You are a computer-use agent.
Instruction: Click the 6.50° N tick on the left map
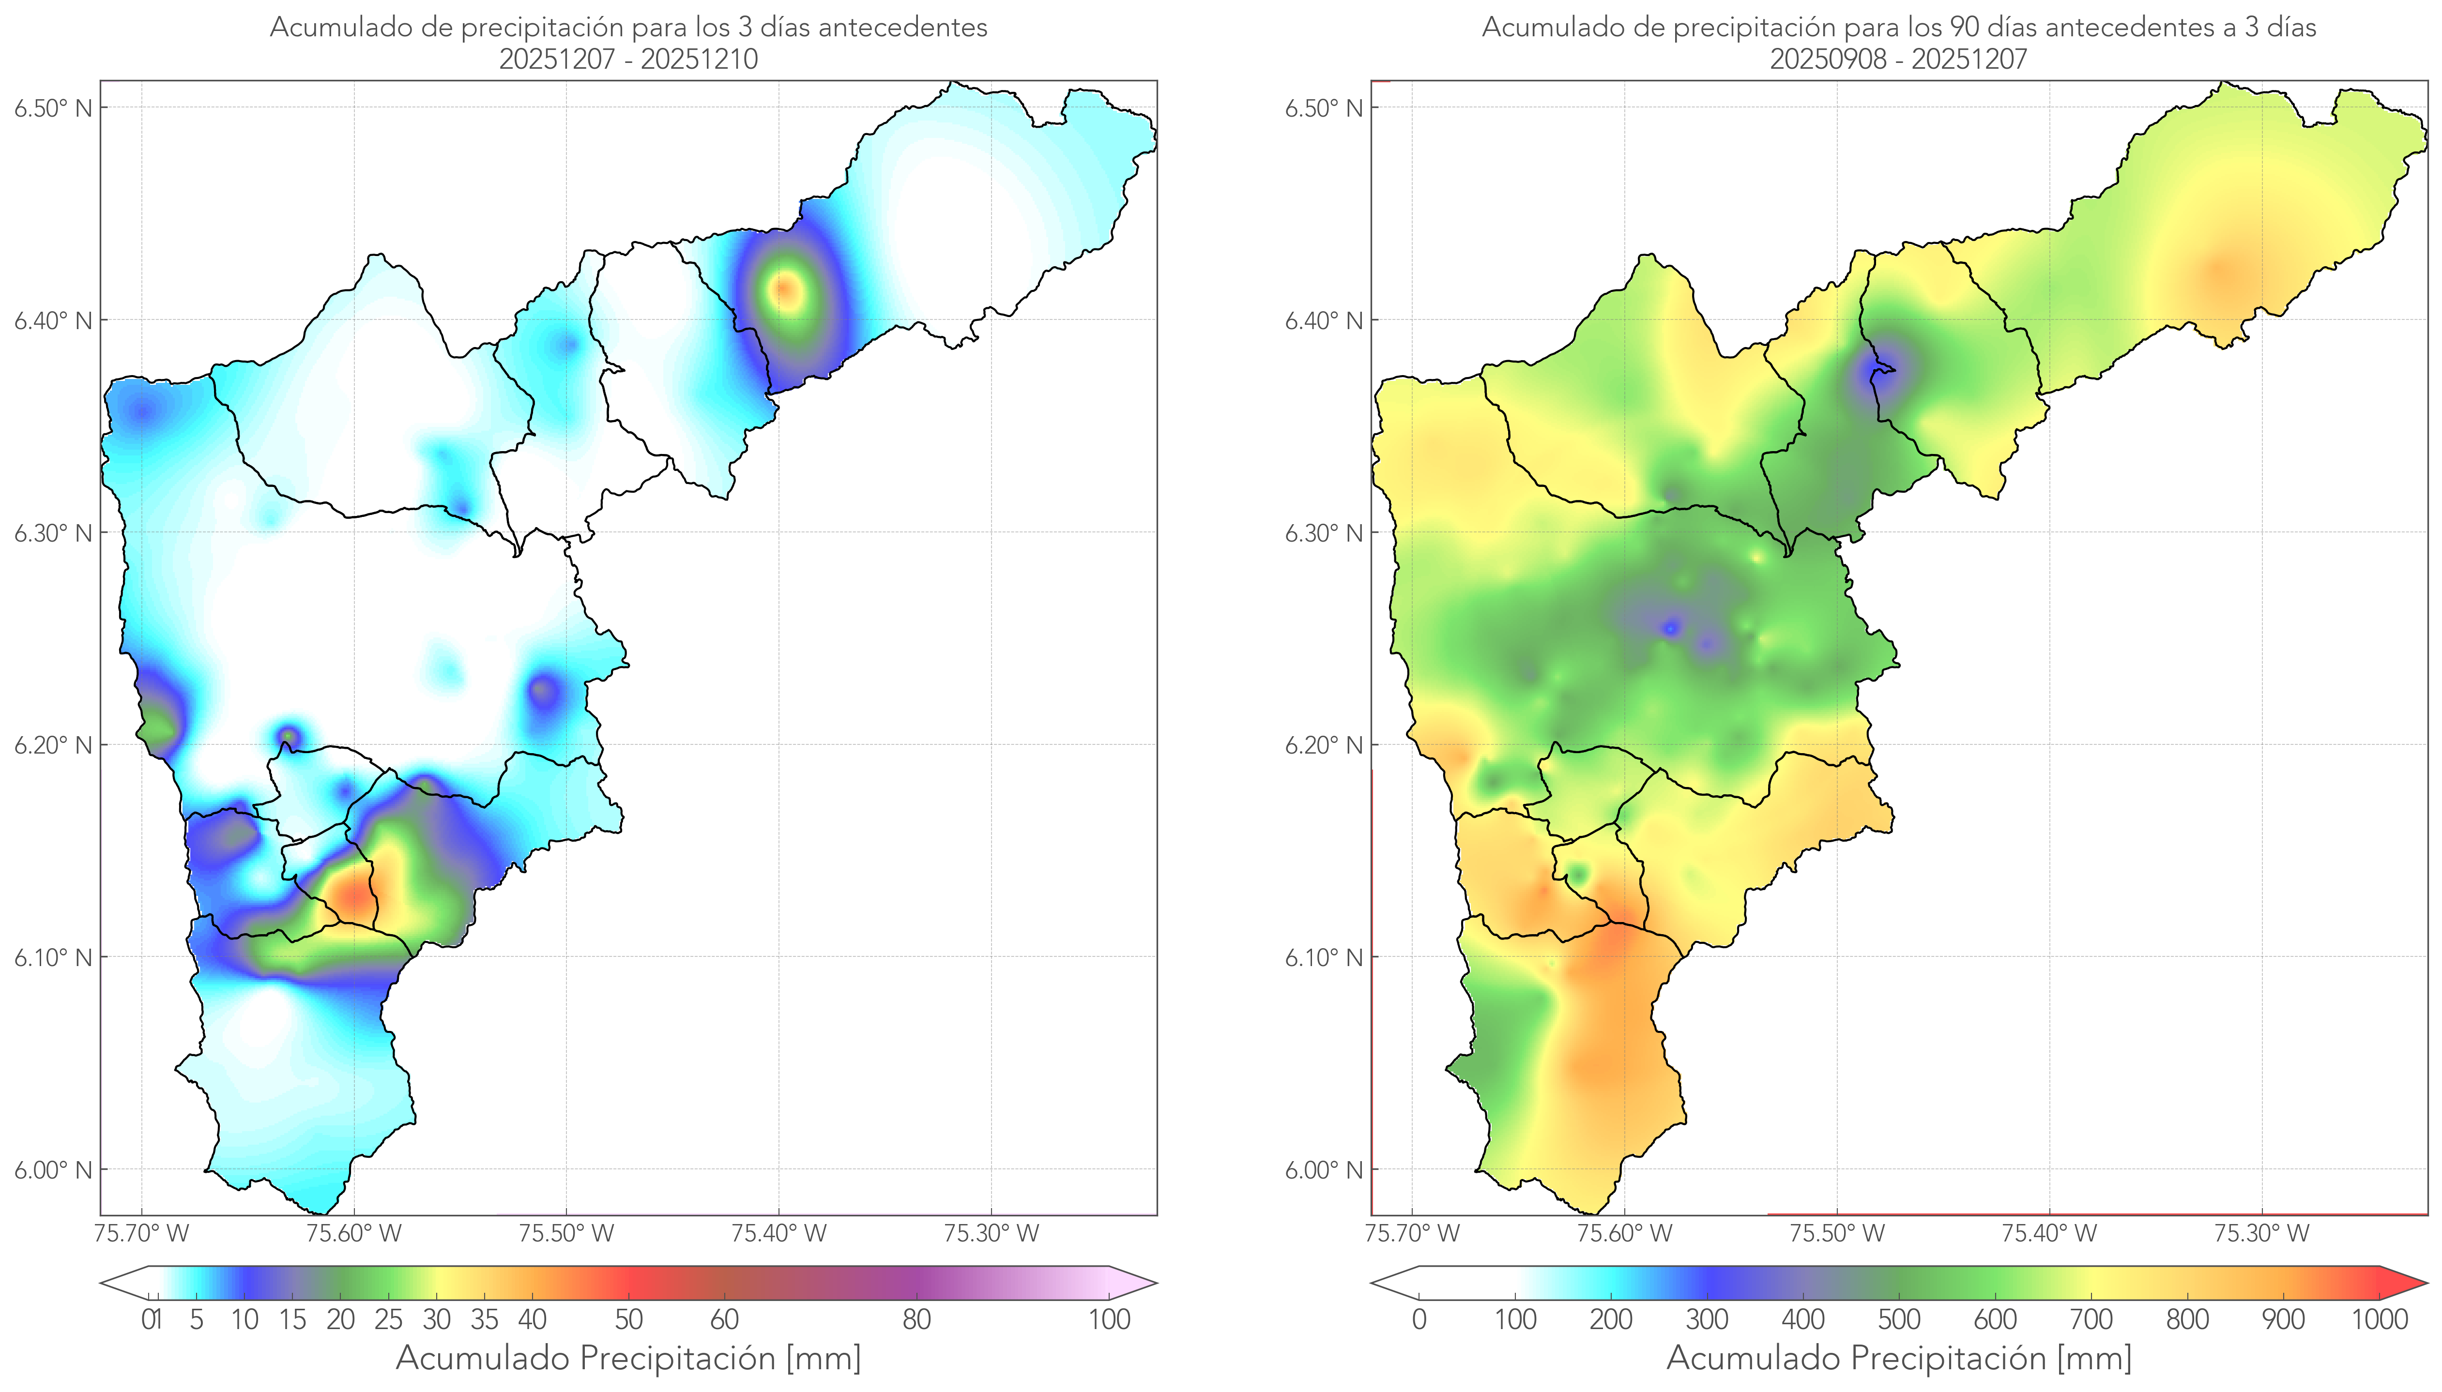pos(54,107)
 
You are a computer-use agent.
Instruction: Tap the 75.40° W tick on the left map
pos(778,1233)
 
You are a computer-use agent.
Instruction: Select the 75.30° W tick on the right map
pos(2261,1233)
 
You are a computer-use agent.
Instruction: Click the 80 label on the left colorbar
pos(916,1319)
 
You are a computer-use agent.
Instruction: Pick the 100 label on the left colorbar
pos(1109,1319)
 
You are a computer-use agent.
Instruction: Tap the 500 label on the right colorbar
pos(1899,1319)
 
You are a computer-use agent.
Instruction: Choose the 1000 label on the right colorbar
pos(2379,1319)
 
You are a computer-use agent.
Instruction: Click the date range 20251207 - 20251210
pos(628,59)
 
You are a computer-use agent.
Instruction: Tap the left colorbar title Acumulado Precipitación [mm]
pos(628,1358)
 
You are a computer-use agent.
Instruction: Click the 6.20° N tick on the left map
pos(54,745)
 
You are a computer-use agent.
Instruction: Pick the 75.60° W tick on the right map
pos(1624,1233)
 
